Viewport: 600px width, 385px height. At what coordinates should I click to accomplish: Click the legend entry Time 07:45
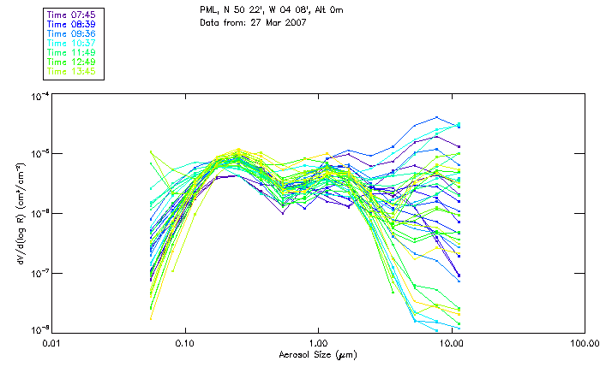72,15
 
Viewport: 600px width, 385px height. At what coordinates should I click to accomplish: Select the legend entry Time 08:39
72,24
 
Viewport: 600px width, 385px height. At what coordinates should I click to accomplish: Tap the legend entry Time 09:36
72,33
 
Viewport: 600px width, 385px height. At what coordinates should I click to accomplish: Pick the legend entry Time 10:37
72,43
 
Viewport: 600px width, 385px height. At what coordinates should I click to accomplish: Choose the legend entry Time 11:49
72,52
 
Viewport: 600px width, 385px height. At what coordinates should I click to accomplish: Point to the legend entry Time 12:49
72,62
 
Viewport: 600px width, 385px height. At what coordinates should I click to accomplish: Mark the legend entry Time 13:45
72,71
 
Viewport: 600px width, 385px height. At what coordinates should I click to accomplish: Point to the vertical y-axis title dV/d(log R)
19,212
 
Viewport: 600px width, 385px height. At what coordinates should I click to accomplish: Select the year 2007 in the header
293,23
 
